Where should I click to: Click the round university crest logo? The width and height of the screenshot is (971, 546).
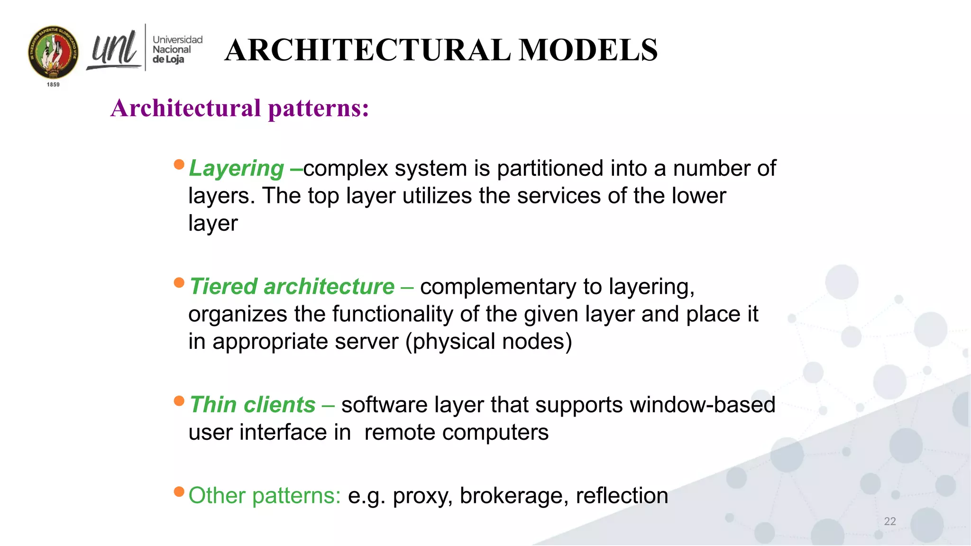click(x=53, y=52)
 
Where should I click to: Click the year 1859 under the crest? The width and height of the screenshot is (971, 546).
click(x=53, y=84)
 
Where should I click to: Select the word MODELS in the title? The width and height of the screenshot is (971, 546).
click(x=588, y=50)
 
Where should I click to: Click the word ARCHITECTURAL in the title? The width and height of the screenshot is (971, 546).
click(x=367, y=50)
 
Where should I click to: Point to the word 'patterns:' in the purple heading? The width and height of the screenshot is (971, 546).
click(x=318, y=108)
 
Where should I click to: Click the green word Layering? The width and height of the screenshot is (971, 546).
click(x=236, y=169)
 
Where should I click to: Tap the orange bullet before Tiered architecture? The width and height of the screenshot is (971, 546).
click(x=179, y=283)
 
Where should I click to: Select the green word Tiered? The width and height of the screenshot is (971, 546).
click(x=223, y=287)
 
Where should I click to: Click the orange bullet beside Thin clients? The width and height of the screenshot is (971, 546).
click(x=179, y=401)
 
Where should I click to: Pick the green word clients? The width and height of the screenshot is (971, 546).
click(x=279, y=405)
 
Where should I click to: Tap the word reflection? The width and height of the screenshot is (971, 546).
click(x=622, y=496)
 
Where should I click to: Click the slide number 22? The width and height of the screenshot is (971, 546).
click(x=890, y=521)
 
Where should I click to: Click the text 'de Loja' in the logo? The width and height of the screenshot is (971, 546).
click(x=168, y=59)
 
